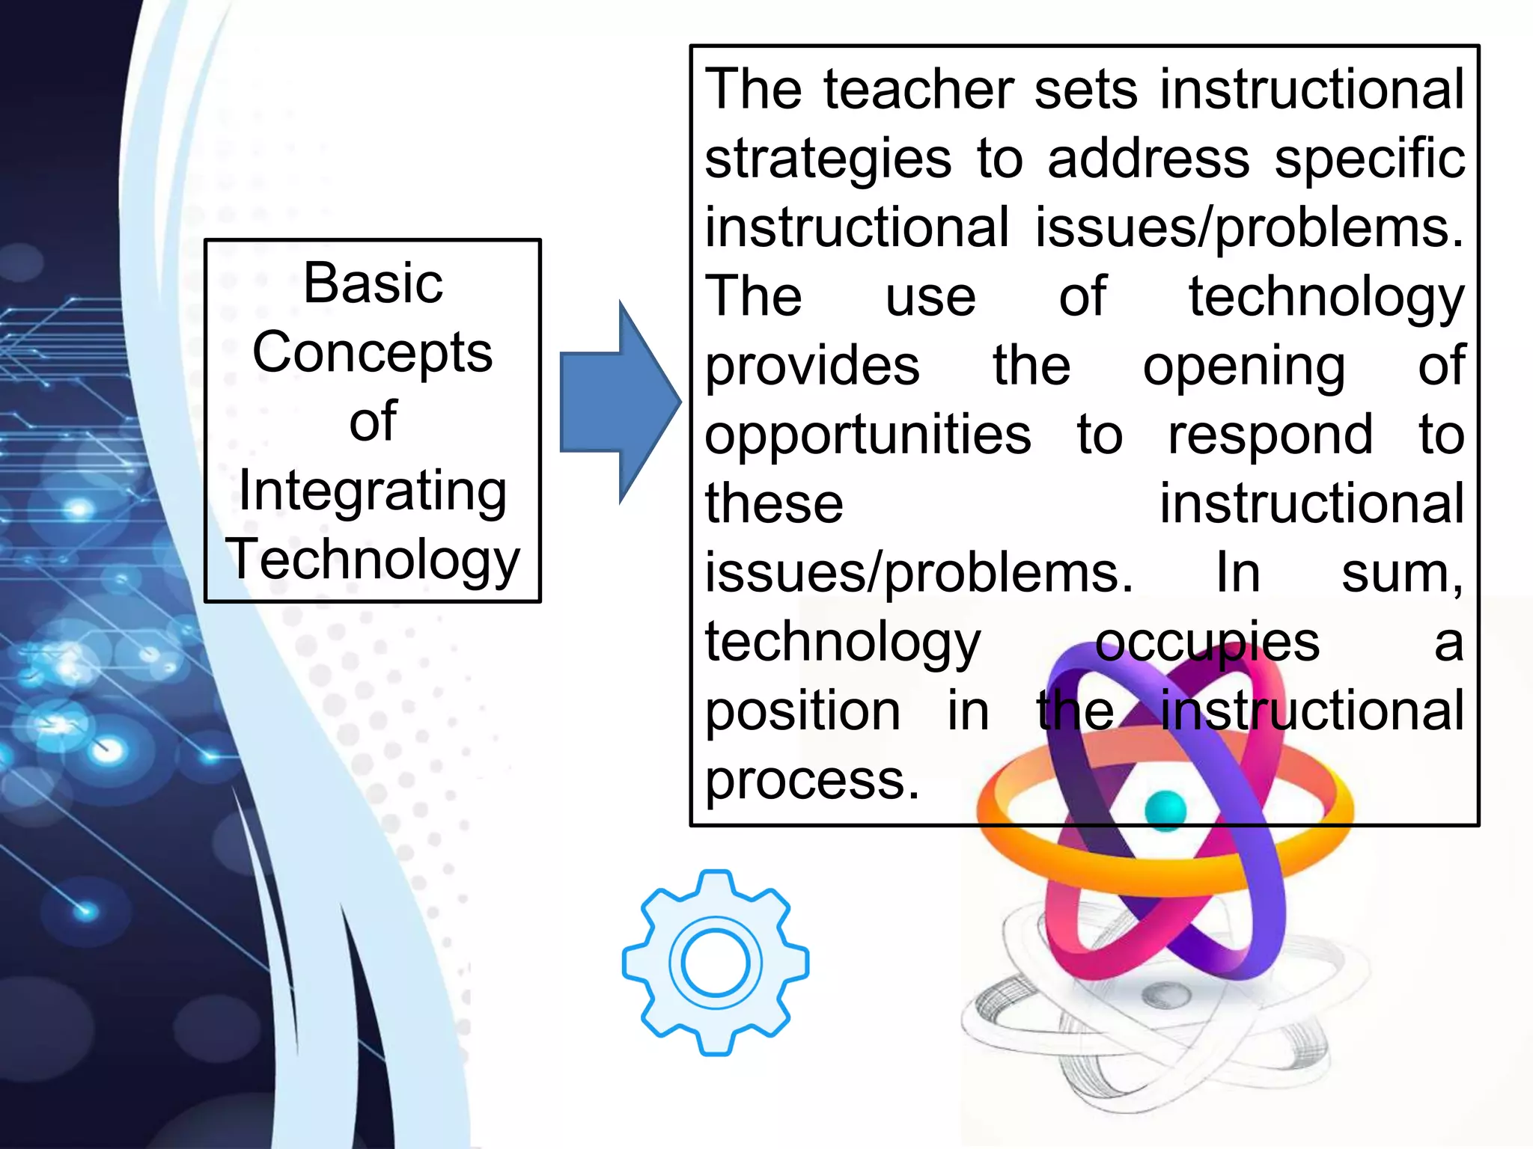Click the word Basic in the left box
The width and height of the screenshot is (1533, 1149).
pos(373,284)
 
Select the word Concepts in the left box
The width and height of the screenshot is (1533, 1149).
pos(373,352)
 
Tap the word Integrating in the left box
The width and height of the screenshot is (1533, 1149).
pos(373,491)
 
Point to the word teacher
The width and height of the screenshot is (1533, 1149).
pos(918,90)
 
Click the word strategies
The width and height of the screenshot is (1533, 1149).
pos(828,160)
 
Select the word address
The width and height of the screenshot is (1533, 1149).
pos(1148,159)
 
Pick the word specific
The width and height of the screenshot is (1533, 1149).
pos(1369,160)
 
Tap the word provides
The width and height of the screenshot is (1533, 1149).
pos(812,367)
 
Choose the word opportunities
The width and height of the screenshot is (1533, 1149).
pos(868,436)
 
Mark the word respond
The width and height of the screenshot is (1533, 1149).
pos(1270,436)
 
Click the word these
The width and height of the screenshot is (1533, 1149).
pos(774,503)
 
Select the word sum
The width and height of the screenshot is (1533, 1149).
pos(1401,574)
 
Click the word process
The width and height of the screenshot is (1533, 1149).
pos(811,781)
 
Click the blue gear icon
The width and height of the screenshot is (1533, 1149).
pos(715,963)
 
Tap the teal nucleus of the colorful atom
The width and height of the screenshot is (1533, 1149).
pos(1165,810)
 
